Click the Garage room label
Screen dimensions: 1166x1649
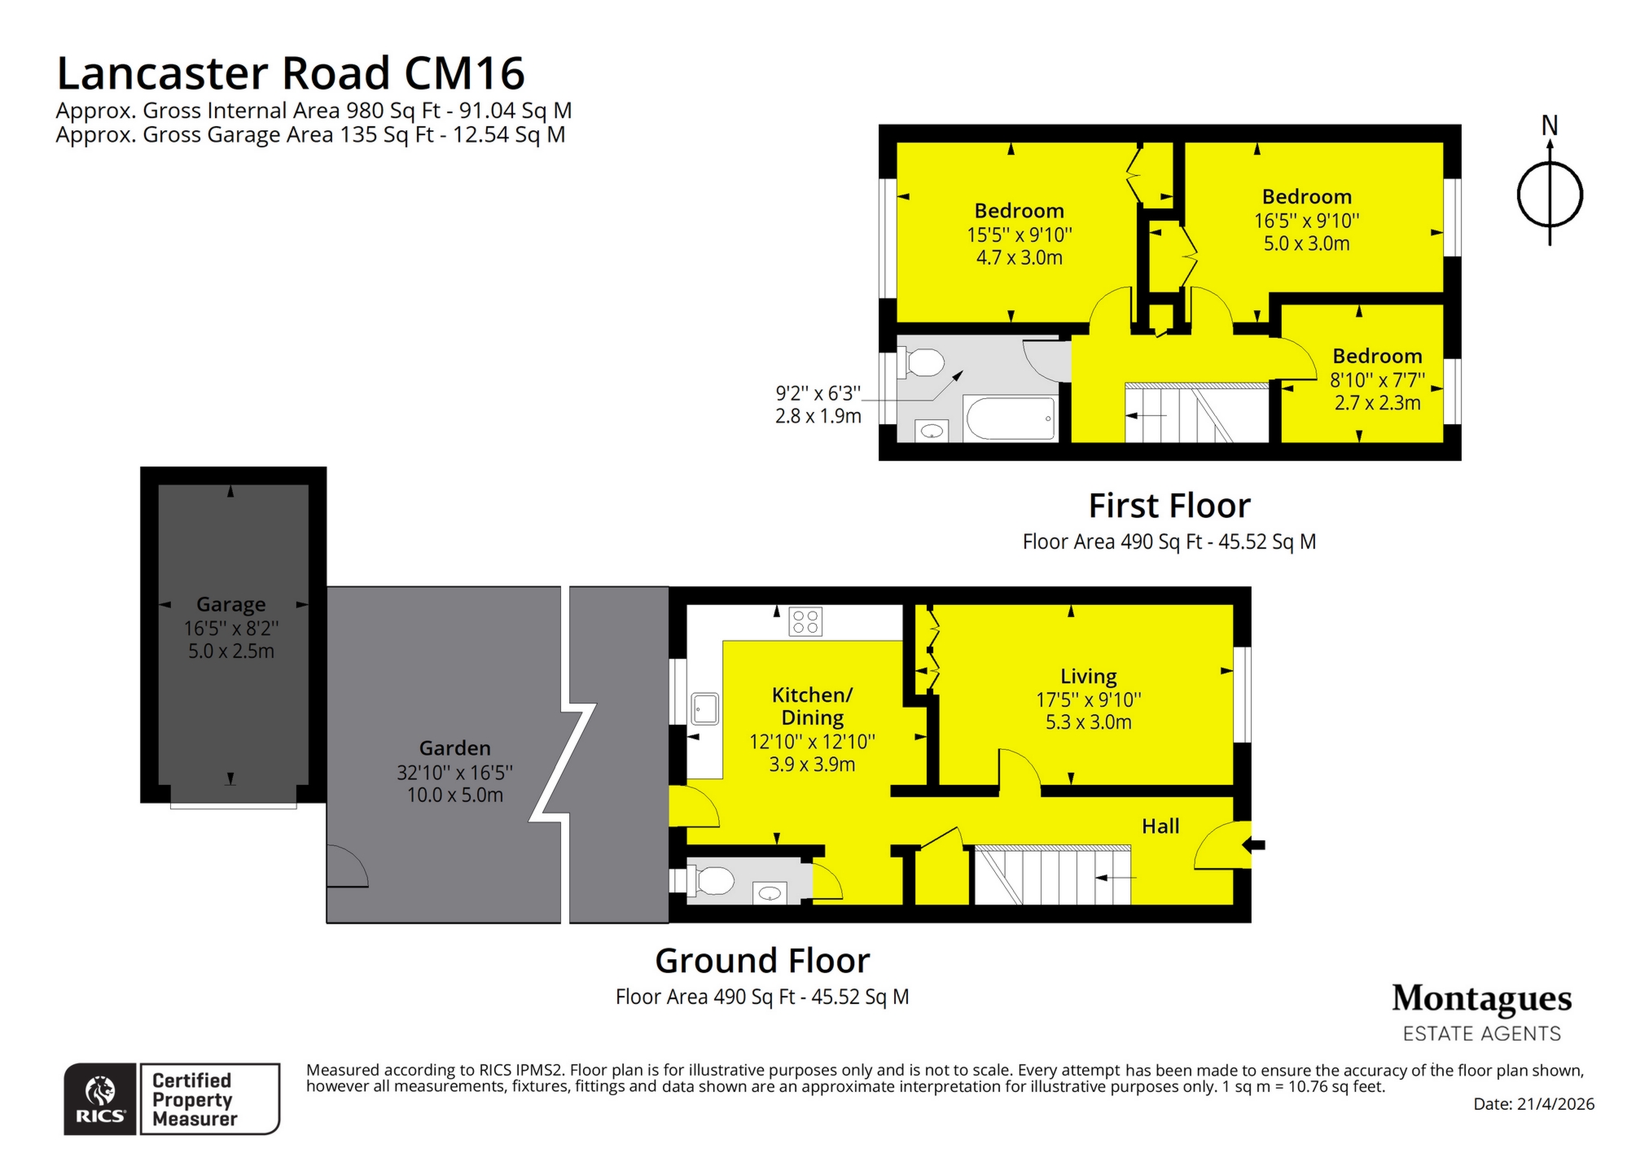230,604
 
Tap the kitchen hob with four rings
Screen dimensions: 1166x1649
805,622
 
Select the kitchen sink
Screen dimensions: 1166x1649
704,708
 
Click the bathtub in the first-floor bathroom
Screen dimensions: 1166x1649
1010,419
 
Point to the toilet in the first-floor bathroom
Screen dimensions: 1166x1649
922,362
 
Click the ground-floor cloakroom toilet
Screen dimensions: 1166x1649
713,880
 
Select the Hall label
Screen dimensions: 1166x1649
1160,826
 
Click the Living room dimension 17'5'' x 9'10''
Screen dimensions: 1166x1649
1088,699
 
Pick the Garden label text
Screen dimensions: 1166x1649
454,747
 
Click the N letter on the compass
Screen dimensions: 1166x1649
1549,125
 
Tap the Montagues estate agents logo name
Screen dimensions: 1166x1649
1481,998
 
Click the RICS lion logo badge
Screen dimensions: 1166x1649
100,1098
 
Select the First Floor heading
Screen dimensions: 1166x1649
1169,506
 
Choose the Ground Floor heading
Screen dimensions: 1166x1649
762,961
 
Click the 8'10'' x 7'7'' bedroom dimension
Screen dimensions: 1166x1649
1376,379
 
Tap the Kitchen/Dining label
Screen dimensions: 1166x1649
812,706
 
